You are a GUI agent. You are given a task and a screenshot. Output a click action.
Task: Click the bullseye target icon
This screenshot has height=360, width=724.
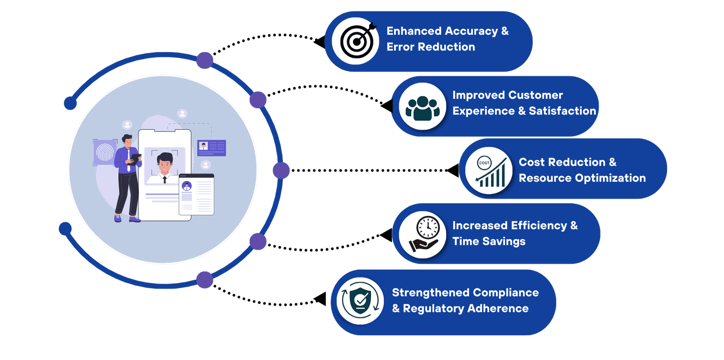coord(356,41)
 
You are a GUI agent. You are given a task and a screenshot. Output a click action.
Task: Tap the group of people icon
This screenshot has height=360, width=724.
coord(423,107)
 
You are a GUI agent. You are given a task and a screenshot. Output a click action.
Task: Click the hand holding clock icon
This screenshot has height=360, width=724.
coord(423,235)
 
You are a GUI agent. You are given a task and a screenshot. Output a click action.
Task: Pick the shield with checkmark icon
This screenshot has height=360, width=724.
coord(360,301)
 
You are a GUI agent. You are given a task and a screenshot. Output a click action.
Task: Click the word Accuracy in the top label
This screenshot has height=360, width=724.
coord(471,31)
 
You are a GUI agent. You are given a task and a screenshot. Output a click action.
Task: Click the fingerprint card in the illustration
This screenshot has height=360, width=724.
coord(105,152)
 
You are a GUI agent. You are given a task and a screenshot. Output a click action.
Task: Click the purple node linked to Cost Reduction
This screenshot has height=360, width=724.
coord(281,171)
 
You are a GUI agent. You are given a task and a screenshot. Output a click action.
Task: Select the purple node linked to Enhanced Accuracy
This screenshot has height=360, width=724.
coord(205,60)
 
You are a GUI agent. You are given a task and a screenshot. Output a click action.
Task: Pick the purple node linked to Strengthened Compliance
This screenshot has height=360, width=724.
coord(205,280)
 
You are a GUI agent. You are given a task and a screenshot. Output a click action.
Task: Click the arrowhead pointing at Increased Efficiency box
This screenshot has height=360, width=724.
coord(387,235)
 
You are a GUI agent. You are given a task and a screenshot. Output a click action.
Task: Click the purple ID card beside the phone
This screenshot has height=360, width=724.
coord(212,147)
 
